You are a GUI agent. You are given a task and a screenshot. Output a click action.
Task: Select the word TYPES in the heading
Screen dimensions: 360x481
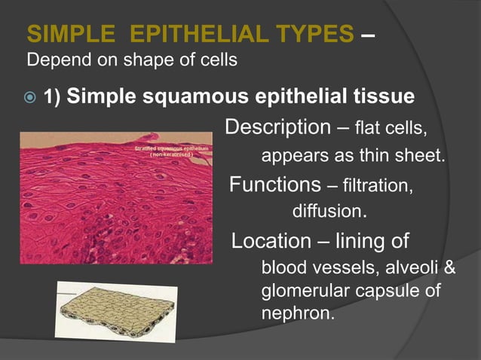point(313,34)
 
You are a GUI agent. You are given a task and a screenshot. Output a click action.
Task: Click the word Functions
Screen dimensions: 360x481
point(275,184)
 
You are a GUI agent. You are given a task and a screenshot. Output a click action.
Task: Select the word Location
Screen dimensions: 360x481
point(271,242)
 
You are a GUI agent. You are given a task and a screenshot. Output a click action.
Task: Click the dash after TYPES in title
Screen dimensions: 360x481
point(365,34)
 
